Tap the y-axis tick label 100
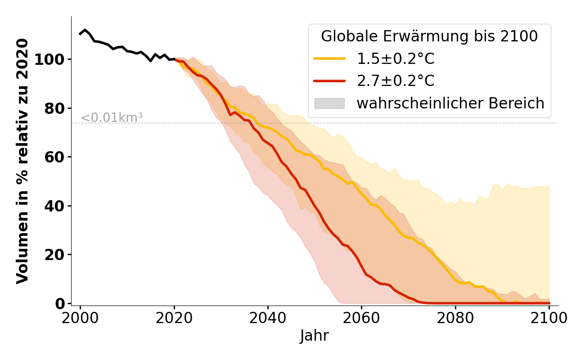pos(49,60)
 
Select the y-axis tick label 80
pos(55,108)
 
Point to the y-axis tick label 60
pos(55,157)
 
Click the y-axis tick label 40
pos(55,206)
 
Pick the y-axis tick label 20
pos(55,255)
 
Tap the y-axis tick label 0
pos(60,304)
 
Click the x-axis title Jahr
pos(314,336)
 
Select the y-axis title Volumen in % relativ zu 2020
pos(22,161)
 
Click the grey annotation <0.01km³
pos(111,118)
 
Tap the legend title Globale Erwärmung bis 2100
pos(429,36)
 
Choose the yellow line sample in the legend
pos(329,59)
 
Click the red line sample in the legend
pos(329,81)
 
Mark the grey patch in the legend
pos(329,103)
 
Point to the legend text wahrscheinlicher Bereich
pos(450,103)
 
